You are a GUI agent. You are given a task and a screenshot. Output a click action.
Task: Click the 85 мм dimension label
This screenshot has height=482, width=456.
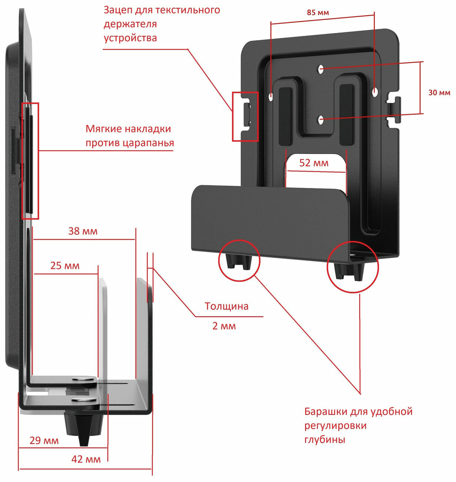coord(318,13)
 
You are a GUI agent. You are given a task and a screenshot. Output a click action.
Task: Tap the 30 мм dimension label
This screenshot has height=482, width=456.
coord(439,93)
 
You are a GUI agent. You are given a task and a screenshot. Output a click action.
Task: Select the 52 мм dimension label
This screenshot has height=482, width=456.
coord(314,163)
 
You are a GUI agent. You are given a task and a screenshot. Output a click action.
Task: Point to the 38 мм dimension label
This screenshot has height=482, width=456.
coord(83,231)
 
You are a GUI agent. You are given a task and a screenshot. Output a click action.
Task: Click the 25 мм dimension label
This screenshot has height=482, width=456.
coord(65,265)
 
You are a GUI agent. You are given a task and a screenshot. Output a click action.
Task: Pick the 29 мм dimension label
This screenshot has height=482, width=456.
coord(44,440)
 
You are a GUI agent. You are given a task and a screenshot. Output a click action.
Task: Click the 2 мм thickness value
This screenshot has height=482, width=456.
coord(224,326)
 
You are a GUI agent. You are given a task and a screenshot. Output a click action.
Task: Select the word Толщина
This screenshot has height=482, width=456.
coord(227,306)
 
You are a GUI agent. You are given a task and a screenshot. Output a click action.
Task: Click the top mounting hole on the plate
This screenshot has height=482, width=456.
coord(321,69)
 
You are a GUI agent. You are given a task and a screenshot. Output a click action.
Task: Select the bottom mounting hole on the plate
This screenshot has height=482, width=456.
coord(321,119)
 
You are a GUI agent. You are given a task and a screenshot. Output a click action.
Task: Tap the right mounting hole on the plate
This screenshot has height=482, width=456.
coord(374,90)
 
